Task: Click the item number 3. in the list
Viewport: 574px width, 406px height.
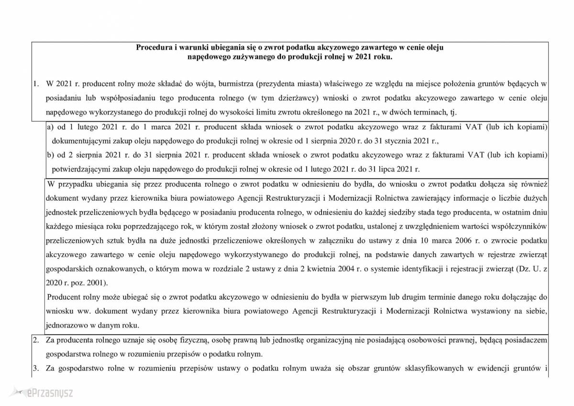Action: (35, 369)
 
